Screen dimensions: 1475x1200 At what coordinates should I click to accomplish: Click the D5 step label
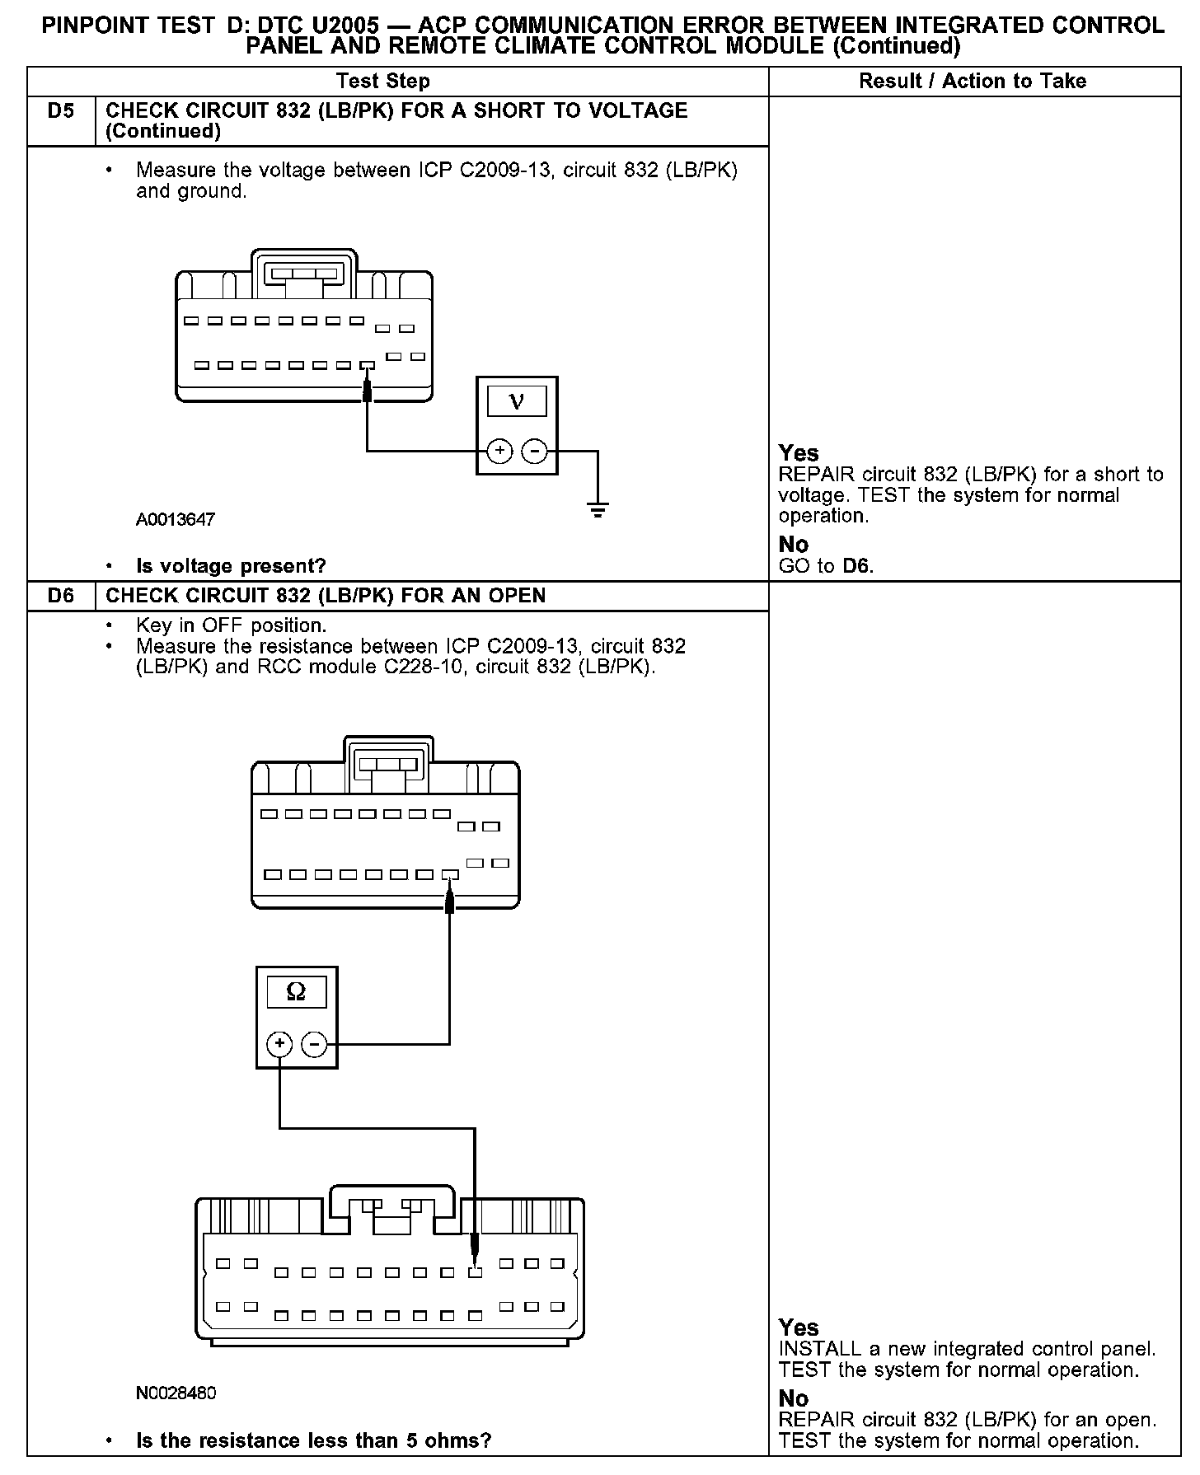(x=61, y=111)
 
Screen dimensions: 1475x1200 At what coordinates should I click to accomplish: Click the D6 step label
(x=61, y=596)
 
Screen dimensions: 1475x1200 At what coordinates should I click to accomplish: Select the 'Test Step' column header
(x=383, y=81)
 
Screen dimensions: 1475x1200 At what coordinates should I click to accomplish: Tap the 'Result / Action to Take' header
(x=973, y=81)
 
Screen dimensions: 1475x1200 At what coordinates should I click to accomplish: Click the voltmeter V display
(x=517, y=401)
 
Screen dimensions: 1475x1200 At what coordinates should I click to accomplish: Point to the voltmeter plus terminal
(x=499, y=451)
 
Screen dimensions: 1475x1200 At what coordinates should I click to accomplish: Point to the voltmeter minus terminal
(x=535, y=451)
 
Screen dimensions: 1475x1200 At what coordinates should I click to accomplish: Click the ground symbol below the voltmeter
(x=598, y=509)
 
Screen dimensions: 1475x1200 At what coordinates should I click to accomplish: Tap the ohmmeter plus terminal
(x=279, y=1045)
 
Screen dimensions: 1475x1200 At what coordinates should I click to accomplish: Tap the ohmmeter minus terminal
(x=314, y=1045)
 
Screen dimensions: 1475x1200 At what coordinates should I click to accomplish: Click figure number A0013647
(x=176, y=519)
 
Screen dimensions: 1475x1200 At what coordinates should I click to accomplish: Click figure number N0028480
(x=176, y=1393)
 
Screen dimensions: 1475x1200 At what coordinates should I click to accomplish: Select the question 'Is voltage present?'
(x=231, y=566)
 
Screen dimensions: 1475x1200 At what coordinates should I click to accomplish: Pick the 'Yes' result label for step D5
(x=799, y=453)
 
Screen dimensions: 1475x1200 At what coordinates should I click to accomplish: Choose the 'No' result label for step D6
(x=794, y=1398)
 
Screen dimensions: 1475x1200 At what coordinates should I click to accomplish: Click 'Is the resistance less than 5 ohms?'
(x=313, y=1440)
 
